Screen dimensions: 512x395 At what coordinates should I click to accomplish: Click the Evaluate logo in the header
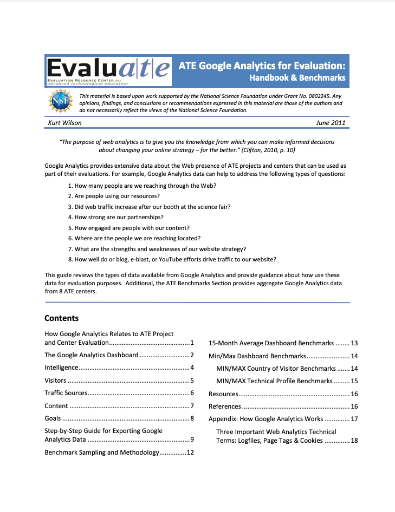pos(108,70)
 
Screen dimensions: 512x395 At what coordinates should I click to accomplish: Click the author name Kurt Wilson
pos(66,123)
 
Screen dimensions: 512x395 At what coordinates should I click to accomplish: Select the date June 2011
pos(330,123)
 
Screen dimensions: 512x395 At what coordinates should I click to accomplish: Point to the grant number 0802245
pos(314,96)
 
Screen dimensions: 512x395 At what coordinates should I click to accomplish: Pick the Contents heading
pos(61,318)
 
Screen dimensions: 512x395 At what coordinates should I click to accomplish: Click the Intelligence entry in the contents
pos(61,367)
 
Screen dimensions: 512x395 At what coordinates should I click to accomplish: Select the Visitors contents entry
pos(56,380)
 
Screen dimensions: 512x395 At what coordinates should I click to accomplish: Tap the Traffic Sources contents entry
pos(66,393)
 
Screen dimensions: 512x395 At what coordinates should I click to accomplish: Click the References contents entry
pos(225,406)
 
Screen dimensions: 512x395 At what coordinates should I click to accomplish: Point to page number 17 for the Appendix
pos(354,419)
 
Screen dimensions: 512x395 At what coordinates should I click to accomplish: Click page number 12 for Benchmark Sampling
pos(190,452)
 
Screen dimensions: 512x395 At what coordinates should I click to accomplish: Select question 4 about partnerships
pos(116,217)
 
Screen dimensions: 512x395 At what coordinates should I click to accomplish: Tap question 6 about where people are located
pos(134,238)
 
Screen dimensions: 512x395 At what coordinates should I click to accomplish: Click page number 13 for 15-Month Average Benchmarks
pos(354,343)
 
